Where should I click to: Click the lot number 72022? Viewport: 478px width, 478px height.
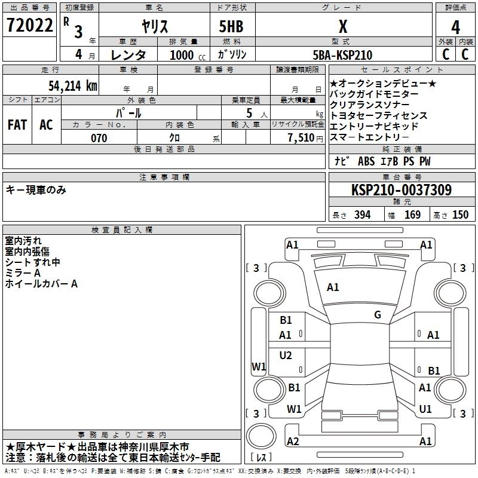[29, 26]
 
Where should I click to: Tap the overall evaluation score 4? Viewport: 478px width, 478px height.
[455, 27]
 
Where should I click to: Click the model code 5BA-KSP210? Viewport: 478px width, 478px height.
[342, 55]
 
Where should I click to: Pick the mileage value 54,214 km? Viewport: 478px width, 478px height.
[72, 85]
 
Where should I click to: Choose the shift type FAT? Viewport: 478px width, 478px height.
[17, 125]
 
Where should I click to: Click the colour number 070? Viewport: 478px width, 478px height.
[99, 138]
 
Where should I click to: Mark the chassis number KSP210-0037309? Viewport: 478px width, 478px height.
[402, 190]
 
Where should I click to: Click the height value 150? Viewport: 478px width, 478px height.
[460, 215]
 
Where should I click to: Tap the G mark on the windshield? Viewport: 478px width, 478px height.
[377, 315]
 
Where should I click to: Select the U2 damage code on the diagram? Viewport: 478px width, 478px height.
[286, 356]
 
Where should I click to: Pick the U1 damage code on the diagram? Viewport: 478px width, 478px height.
[425, 409]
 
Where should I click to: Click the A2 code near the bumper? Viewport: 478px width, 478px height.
[293, 441]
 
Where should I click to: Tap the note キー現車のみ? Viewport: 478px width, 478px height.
[36, 190]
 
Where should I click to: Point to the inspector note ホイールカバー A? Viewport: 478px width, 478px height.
[41, 284]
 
